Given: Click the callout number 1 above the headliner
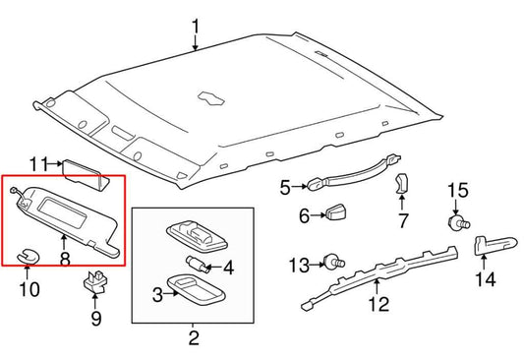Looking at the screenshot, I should (195, 26).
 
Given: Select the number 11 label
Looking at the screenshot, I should (38, 163).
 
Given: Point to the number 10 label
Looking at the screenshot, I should (29, 289).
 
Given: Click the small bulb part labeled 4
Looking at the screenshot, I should (196, 263).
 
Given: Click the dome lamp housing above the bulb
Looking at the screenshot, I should (195, 232).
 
